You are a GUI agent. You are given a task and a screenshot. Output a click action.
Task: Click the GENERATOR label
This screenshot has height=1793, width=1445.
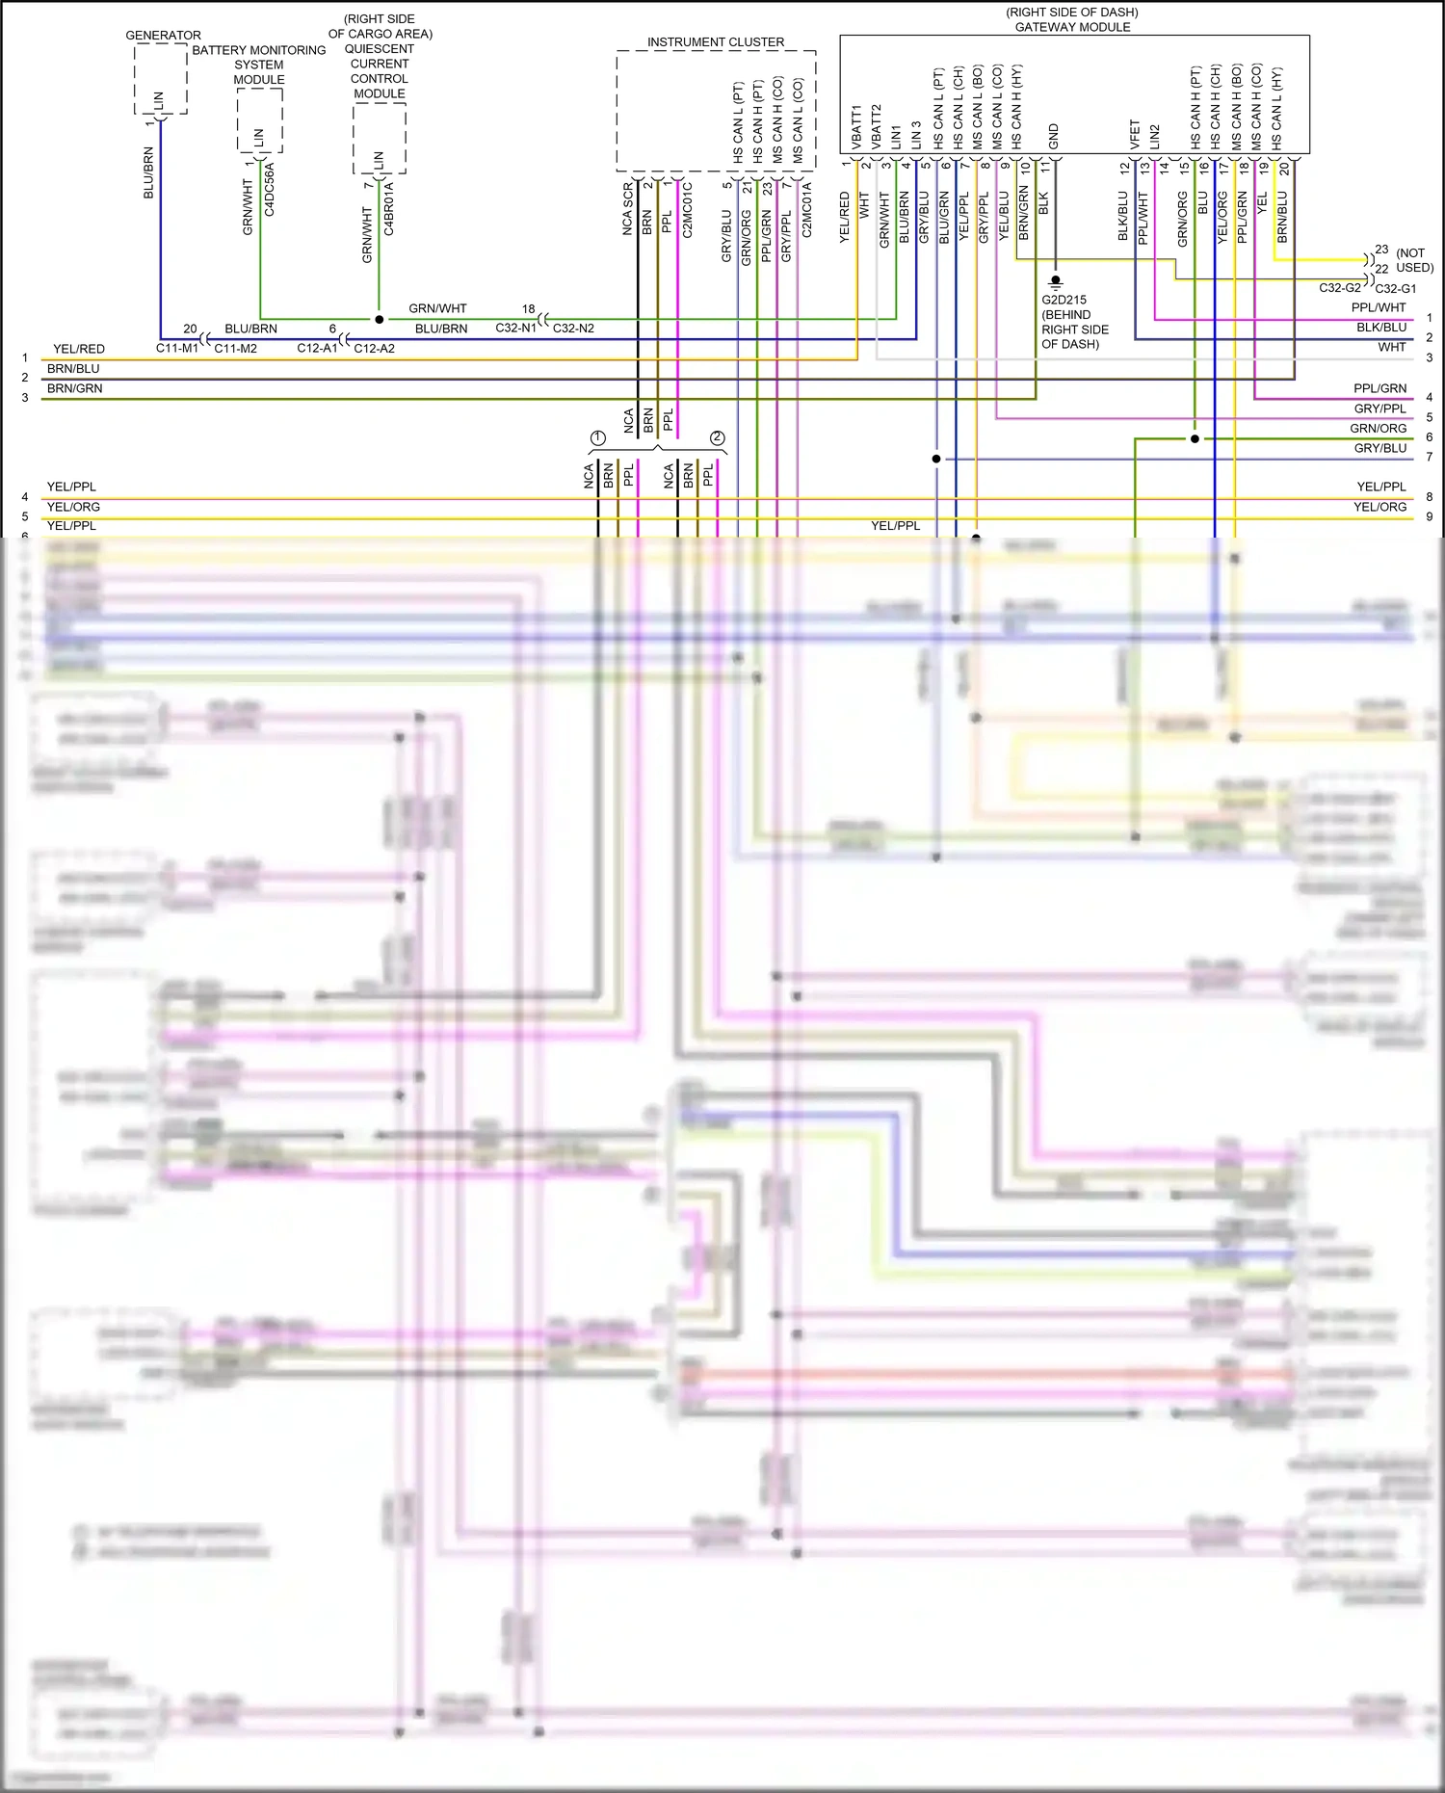[x=163, y=35]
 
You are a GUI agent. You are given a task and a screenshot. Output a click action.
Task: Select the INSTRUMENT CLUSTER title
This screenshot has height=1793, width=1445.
[x=715, y=42]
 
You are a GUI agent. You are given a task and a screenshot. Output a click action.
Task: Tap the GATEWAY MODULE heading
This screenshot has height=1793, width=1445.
[x=1072, y=27]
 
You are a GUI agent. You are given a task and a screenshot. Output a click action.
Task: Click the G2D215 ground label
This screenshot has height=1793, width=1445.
[x=1064, y=300]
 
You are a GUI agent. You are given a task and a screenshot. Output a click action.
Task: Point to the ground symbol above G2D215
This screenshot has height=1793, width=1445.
[x=1055, y=282]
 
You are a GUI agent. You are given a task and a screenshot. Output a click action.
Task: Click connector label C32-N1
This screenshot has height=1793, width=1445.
[x=515, y=329]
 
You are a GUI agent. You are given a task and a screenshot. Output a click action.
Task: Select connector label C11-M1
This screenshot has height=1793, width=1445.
[x=177, y=348]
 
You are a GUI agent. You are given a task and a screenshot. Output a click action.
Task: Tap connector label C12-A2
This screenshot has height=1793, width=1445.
[x=374, y=348]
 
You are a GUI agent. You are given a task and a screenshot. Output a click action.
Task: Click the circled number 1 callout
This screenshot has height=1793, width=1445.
[x=597, y=438]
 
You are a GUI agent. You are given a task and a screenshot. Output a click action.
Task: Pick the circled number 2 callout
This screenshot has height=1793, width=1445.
[x=717, y=438]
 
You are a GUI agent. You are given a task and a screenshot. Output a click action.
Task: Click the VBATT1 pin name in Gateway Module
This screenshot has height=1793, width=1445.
[x=856, y=126]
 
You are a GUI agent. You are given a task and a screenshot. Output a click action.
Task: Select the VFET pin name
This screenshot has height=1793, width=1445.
[x=1134, y=134]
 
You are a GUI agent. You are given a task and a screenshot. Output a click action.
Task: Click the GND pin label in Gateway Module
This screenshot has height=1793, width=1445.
[x=1054, y=136]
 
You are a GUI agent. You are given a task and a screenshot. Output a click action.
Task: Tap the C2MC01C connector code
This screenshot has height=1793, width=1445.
[x=687, y=210]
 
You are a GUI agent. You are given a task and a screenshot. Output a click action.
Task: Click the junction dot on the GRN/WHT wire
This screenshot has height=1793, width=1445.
[x=379, y=319]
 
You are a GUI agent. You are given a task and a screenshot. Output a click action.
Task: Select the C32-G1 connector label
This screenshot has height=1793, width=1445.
[x=1395, y=288]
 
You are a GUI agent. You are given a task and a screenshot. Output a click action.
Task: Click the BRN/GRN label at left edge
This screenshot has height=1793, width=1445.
[x=74, y=388]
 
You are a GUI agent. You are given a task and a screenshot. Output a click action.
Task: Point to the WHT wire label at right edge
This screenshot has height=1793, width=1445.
[x=1391, y=347]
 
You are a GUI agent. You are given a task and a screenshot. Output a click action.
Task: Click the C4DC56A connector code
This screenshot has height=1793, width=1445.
[x=270, y=189]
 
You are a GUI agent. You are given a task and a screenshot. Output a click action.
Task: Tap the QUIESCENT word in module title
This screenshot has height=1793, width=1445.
[x=379, y=49]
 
